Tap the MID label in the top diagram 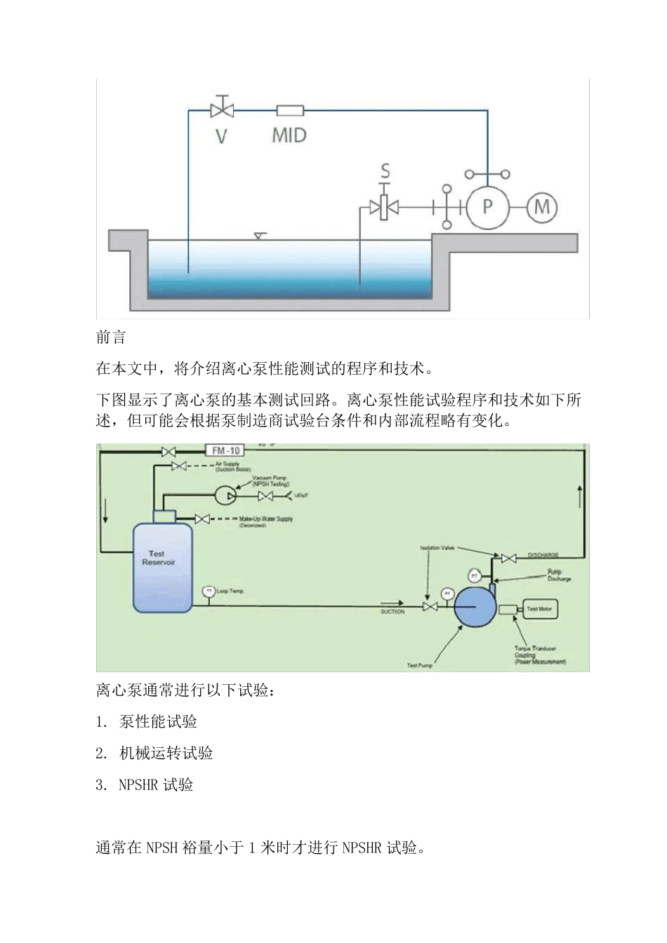[289, 135]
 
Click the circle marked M [542, 206]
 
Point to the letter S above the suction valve [385, 170]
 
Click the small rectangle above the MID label [289, 110]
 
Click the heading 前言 [111, 337]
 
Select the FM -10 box [223, 450]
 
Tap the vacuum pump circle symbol [223, 495]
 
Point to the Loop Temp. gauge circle [209, 591]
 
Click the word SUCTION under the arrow [392, 612]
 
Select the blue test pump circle [475, 608]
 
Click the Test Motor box [539, 609]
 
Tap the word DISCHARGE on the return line [543, 555]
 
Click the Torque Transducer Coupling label [539, 655]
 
